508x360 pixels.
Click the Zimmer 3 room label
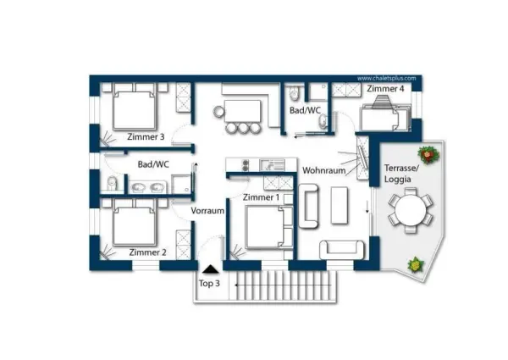pos(146,136)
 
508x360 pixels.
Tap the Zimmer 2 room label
pos(147,252)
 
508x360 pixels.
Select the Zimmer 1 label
pos(261,197)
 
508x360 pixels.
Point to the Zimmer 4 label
pos(385,88)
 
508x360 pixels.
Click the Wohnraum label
pos(324,170)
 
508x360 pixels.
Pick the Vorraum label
pos(207,211)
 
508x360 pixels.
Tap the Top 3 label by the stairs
pos(209,283)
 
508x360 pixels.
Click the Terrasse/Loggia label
pos(401,174)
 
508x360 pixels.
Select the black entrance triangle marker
pos(211,269)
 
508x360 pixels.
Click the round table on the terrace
pos(411,210)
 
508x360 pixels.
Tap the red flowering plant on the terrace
pos(428,154)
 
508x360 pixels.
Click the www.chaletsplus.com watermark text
pos(387,79)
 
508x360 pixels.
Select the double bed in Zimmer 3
pos(135,107)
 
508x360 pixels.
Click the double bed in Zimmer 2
pos(135,223)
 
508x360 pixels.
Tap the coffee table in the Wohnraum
pos(340,206)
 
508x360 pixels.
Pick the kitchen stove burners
pos(246,165)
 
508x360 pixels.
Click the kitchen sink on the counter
pos(273,165)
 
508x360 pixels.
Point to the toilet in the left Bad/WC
pos(112,184)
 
